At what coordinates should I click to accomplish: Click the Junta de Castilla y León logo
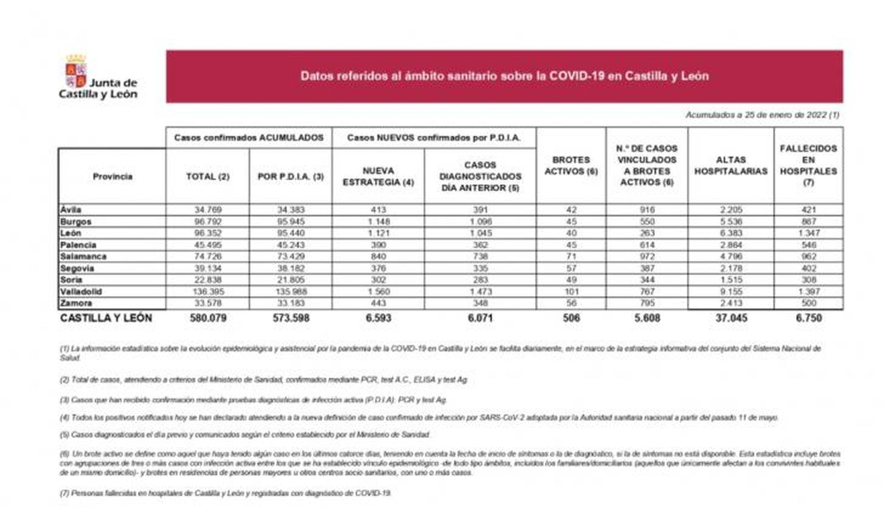[x=98, y=77]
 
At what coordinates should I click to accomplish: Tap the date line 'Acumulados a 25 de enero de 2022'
[x=762, y=115]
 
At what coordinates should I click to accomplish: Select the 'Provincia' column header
[x=112, y=176]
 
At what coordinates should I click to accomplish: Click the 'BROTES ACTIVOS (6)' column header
[x=571, y=165]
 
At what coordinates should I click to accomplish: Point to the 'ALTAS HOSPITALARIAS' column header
[x=730, y=165]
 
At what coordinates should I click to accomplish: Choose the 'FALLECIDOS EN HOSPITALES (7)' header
[x=808, y=165]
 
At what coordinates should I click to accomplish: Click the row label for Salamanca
[x=83, y=256]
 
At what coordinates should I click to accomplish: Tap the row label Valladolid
[x=81, y=291]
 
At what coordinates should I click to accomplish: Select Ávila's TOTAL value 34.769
[x=208, y=210]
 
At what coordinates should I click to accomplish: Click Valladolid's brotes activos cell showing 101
[x=571, y=291]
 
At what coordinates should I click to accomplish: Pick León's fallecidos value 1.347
[x=808, y=233]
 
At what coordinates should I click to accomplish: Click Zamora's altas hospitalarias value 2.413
[x=730, y=303]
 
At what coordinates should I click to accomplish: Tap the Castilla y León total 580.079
[x=208, y=318]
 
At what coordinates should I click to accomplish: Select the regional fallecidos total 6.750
[x=808, y=318]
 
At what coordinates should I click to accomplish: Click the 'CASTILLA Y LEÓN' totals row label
[x=106, y=318]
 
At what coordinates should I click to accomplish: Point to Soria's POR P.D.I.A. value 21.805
[x=291, y=280]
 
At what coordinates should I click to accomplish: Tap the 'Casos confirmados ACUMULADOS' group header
[x=249, y=138]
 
